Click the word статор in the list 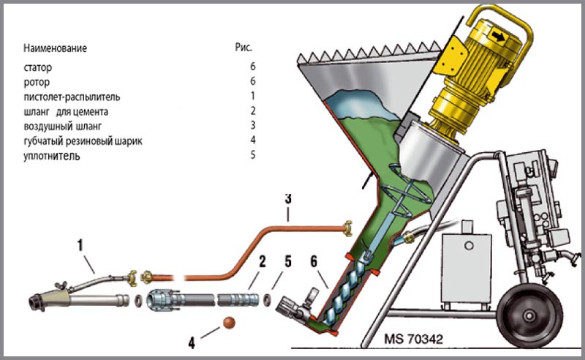tap(37, 67)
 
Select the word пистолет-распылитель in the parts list tap(71, 97)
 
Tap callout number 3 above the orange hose tap(288, 198)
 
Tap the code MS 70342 tap(412, 340)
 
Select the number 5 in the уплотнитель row tap(252, 156)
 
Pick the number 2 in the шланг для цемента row tap(252, 111)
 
